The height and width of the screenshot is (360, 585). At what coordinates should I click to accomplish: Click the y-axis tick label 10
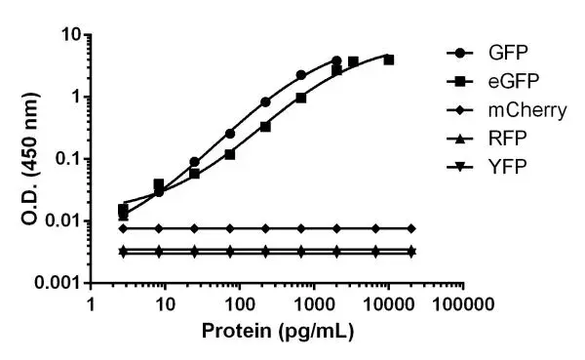coord(66,35)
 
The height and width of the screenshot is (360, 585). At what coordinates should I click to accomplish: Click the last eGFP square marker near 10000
coord(389,60)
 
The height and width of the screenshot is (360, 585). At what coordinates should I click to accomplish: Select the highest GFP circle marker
coord(336,60)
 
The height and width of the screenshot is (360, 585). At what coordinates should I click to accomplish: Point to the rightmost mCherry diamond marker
coord(411,228)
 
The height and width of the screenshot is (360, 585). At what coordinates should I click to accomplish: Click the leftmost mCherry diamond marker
coord(123,228)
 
